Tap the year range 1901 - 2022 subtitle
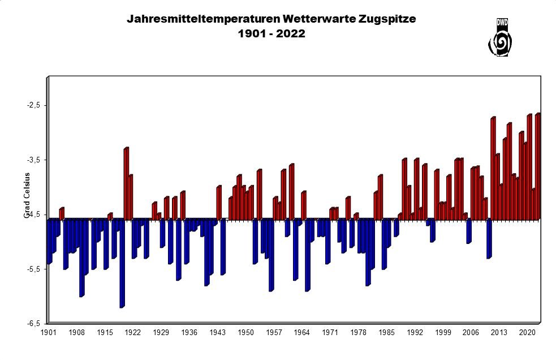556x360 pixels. coord(271,34)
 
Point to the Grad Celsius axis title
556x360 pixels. coord(26,195)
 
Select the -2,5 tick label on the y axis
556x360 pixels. coord(33,105)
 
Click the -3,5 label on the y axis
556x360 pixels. coord(33,160)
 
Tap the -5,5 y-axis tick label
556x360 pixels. coord(33,269)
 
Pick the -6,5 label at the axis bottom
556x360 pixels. coord(33,324)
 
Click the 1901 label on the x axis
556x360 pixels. coord(49,333)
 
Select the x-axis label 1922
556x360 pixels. coord(133,333)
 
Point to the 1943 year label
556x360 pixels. coord(217,333)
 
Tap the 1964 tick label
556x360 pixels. coord(302,333)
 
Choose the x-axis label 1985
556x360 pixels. coord(386,333)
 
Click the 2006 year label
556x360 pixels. coord(471,333)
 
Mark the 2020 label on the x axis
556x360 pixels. coord(527,333)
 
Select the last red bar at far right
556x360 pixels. coord(537,167)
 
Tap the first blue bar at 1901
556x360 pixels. coord(49,241)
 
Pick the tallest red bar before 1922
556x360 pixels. coord(126,184)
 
